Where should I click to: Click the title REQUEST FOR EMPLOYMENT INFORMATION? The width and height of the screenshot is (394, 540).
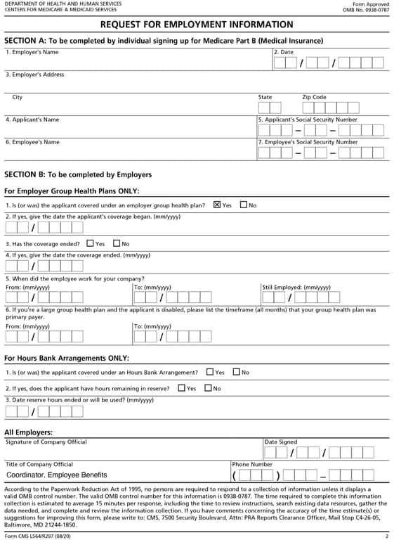pyautogui.click(x=197, y=25)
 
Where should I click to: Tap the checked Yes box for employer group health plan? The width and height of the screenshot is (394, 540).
pyautogui.click(x=217, y=205)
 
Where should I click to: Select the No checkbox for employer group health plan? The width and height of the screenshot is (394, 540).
pyautogui.click(x=244, y=205)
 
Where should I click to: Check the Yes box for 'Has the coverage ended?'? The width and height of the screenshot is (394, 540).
pyautogui.click(x=90, y=243)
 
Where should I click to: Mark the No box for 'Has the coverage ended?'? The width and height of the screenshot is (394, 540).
pyautogui.click(x=117, y=243)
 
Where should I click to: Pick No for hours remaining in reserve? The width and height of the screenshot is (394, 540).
pyautogui.click(x=208, y=388)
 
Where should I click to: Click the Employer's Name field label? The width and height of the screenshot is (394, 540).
pyautogui.click(x=32, y=52)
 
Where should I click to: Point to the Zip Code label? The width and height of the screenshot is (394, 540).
pyautogui.click(x=314, y=97)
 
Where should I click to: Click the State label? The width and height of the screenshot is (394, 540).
pyautogui.click(x=265, y=97)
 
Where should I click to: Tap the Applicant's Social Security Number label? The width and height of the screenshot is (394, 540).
pyautogui.click(x=308, y=120)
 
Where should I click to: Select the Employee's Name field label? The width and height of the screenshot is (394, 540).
pyautogui.click(x=32, y=142)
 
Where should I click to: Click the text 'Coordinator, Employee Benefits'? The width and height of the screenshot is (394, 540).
pyautogui.click(x=56, y=475)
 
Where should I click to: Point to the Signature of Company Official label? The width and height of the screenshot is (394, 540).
pyautogui.click(x=46, y=442)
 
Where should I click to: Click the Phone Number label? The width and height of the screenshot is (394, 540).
pyautogui.click(x=252, y=464)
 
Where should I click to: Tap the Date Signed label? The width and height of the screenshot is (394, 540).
pyautogui.click(x=281, y=442)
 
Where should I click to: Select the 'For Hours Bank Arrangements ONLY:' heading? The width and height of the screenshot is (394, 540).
pyautogui.click(x=67, y=358)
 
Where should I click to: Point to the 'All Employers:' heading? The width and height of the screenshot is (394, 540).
pyautogui.click(x=29, y=432)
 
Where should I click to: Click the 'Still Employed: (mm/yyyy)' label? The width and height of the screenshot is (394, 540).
pyautogui.click(x=296, y=288)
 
